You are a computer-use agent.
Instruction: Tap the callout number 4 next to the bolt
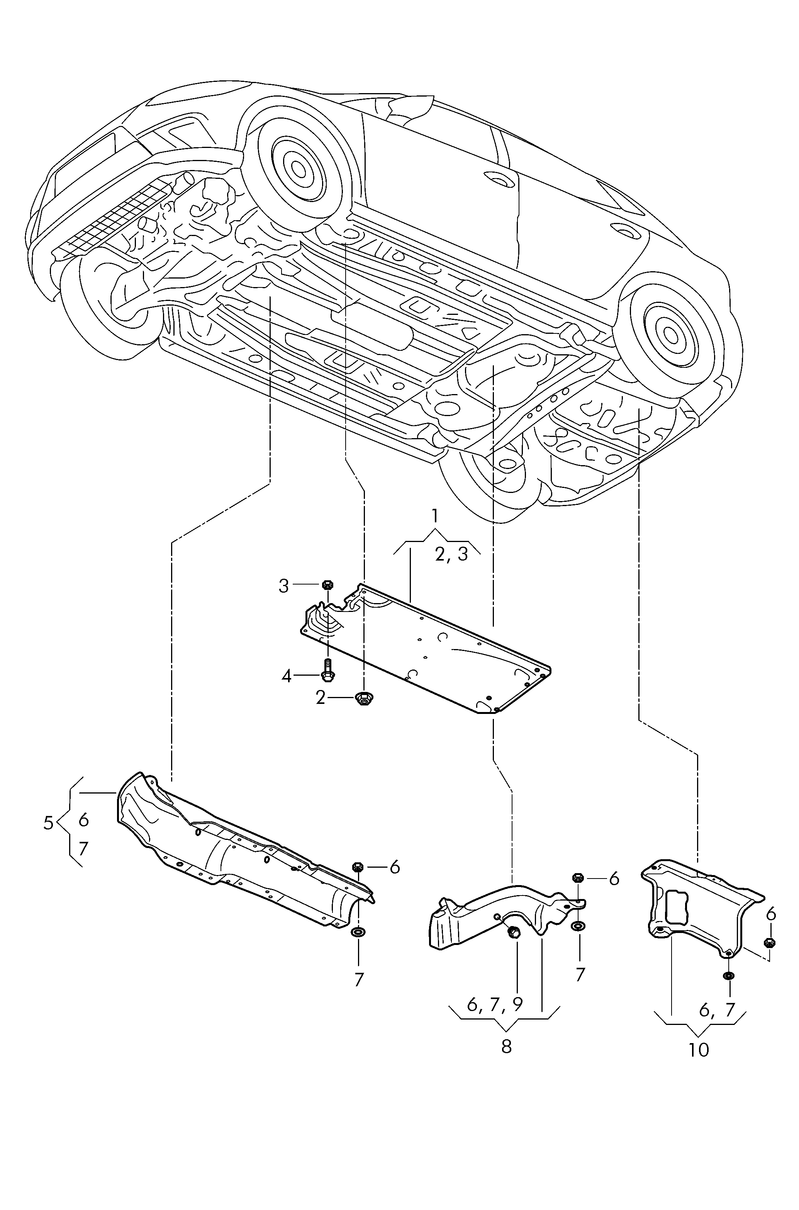coord(287,676)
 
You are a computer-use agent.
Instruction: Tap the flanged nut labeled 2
coord(363,698)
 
